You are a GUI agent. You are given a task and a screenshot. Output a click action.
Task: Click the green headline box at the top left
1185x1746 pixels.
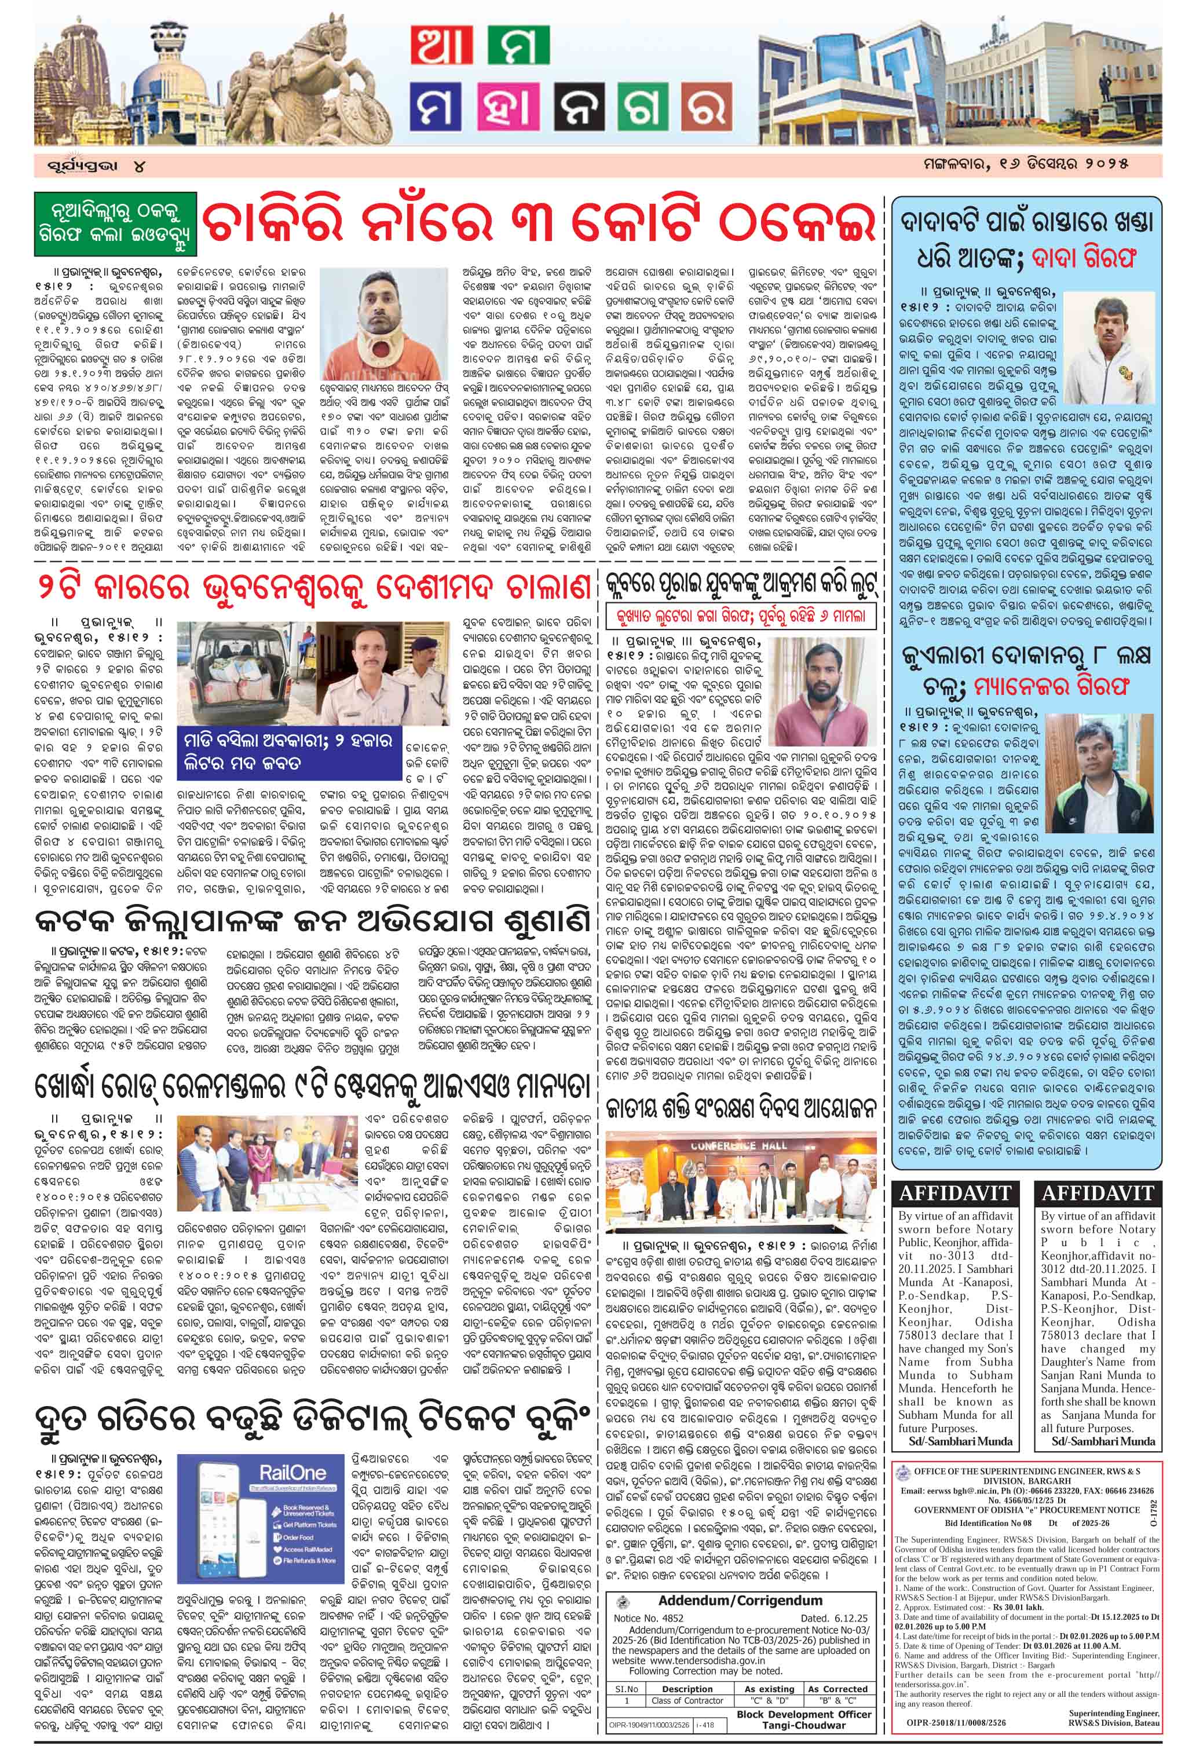(x=115, y=224)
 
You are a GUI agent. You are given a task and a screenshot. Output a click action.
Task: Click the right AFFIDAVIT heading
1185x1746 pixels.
(x=1098, y=1193)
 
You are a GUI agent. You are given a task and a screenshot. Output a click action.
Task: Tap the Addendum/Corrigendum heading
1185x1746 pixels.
(x=740, y=1600)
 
